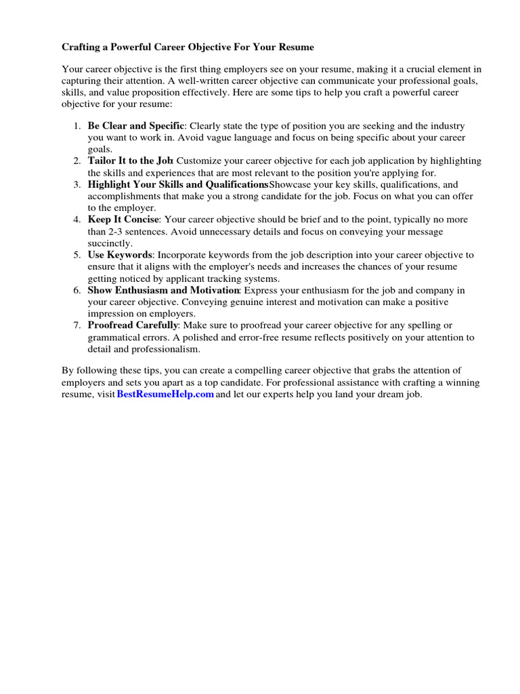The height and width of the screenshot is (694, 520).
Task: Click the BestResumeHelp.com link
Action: pos(165,394)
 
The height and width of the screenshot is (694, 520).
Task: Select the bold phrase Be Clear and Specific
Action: pos(135,126)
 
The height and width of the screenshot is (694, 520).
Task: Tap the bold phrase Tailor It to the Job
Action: pos(131,161)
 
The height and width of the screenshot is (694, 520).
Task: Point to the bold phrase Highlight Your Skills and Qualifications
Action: pos(177,184)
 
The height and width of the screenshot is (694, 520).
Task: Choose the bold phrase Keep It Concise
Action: pos(123,220)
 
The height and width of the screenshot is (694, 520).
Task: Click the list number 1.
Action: pos(78,126)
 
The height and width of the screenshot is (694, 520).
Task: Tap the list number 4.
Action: pos(78,220)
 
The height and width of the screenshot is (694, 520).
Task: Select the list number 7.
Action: pos(78,325)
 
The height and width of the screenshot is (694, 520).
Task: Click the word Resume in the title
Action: pos(296,47)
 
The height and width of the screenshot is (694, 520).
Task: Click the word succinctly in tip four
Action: pos(110,243)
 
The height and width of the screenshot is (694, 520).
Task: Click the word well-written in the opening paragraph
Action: pos(198,80)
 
